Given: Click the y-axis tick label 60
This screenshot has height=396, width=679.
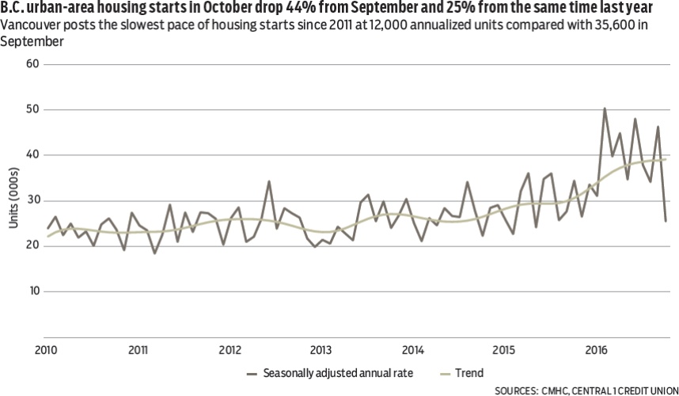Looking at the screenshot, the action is pyautogui.click(x=33, y=63).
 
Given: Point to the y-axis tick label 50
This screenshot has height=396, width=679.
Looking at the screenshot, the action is pyautogui.click(x=33, y=109).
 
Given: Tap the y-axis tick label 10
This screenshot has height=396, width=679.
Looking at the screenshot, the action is pyautogui.click(x=34, y=291).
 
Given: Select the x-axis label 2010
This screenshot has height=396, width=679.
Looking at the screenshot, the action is pyautogui.click(x=46, y=349).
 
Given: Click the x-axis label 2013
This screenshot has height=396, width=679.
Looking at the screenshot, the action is pyautogui.click(x=321, y=349).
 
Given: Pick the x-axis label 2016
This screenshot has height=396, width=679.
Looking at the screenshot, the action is pyautogui.click(x=596, y=349).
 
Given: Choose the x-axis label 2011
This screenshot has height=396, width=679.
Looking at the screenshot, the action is pyautogui.click(x=138, y=349).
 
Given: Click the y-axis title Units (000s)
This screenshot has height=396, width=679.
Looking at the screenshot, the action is pyautogui.click(x=14, y=197).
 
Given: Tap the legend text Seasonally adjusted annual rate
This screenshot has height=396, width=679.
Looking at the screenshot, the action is pyautogui.click(x=338, y=373).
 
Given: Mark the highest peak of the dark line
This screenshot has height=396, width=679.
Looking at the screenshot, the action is pyautogui.click(x=605, y=109).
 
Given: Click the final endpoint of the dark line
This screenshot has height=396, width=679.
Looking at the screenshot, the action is pyautogui.click(x=666, y=221).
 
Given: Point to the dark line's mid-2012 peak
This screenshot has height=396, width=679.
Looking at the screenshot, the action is pyautogui.click(x=269, y=181).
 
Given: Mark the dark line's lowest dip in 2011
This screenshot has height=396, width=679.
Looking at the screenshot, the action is pyautogui.click(x=154, y=253).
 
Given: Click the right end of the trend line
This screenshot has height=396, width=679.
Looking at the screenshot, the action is pyautogui.click(x=666, y=159).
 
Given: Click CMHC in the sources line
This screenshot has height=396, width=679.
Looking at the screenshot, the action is pyautogui.click(x=555, y=390).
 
